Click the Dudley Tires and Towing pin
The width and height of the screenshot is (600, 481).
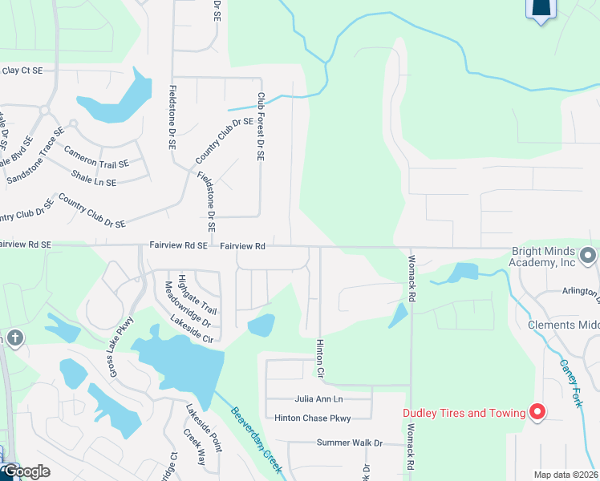pos(537,413)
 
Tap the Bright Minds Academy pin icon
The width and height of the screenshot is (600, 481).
pos(588,257)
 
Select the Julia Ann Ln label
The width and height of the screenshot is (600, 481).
pos(318,398)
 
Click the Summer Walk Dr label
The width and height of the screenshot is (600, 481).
pos(350,443)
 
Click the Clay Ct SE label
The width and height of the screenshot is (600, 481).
pos(22,71)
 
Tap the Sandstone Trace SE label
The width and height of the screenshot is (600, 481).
pos(35,156)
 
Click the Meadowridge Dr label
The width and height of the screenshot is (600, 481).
pos(187,305)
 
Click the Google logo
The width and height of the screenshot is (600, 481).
pos(26,471)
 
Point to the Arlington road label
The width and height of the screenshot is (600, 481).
pos(574,291)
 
